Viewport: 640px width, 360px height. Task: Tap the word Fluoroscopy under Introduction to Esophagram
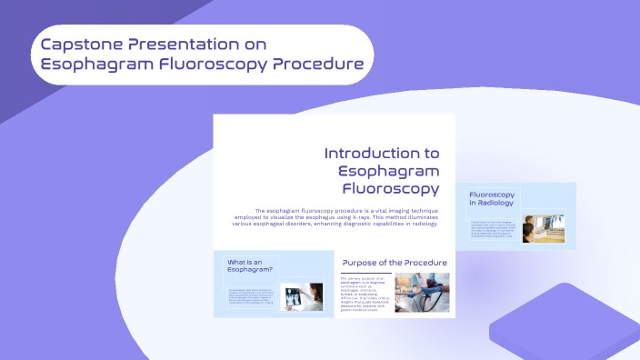click(x=391, y=189)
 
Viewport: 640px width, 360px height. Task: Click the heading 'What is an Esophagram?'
click(x=252, y=266)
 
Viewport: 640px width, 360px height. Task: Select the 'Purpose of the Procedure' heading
click(x=394, y=263)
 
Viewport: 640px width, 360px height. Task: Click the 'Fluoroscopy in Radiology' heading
click(x=492, y=199)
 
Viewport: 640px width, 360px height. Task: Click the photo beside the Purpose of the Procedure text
click(x=421, y=293)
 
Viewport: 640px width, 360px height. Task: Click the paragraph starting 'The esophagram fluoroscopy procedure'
click(x=346, y=218)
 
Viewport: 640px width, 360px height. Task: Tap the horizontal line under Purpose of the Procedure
click(x=366, y=274)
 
